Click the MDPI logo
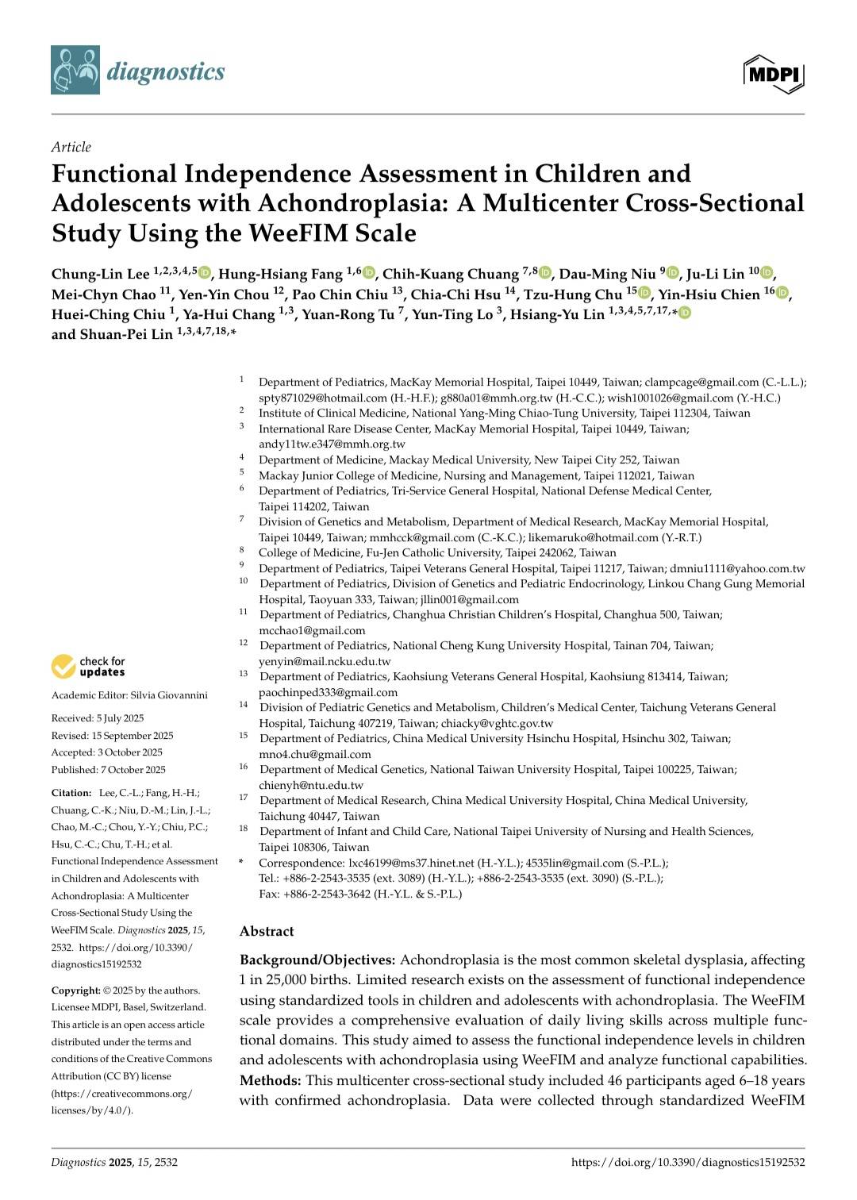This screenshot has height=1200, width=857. tap(774, 75)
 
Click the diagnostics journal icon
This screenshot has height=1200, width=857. tap(75, 71)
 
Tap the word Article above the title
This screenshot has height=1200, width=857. tap(71, 147)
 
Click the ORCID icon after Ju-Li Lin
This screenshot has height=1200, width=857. tap(767, 274)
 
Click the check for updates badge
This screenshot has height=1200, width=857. tap(88, 667)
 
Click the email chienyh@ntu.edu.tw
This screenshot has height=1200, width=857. tap(311, 785)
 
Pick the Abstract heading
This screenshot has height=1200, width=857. tap(267, 931)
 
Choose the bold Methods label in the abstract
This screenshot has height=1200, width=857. tap(270, 1080)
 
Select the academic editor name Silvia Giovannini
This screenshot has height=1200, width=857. tap(169, 695)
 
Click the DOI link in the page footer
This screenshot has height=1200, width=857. tap(688, 1163)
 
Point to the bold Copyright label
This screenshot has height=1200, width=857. tap(75, 990)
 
